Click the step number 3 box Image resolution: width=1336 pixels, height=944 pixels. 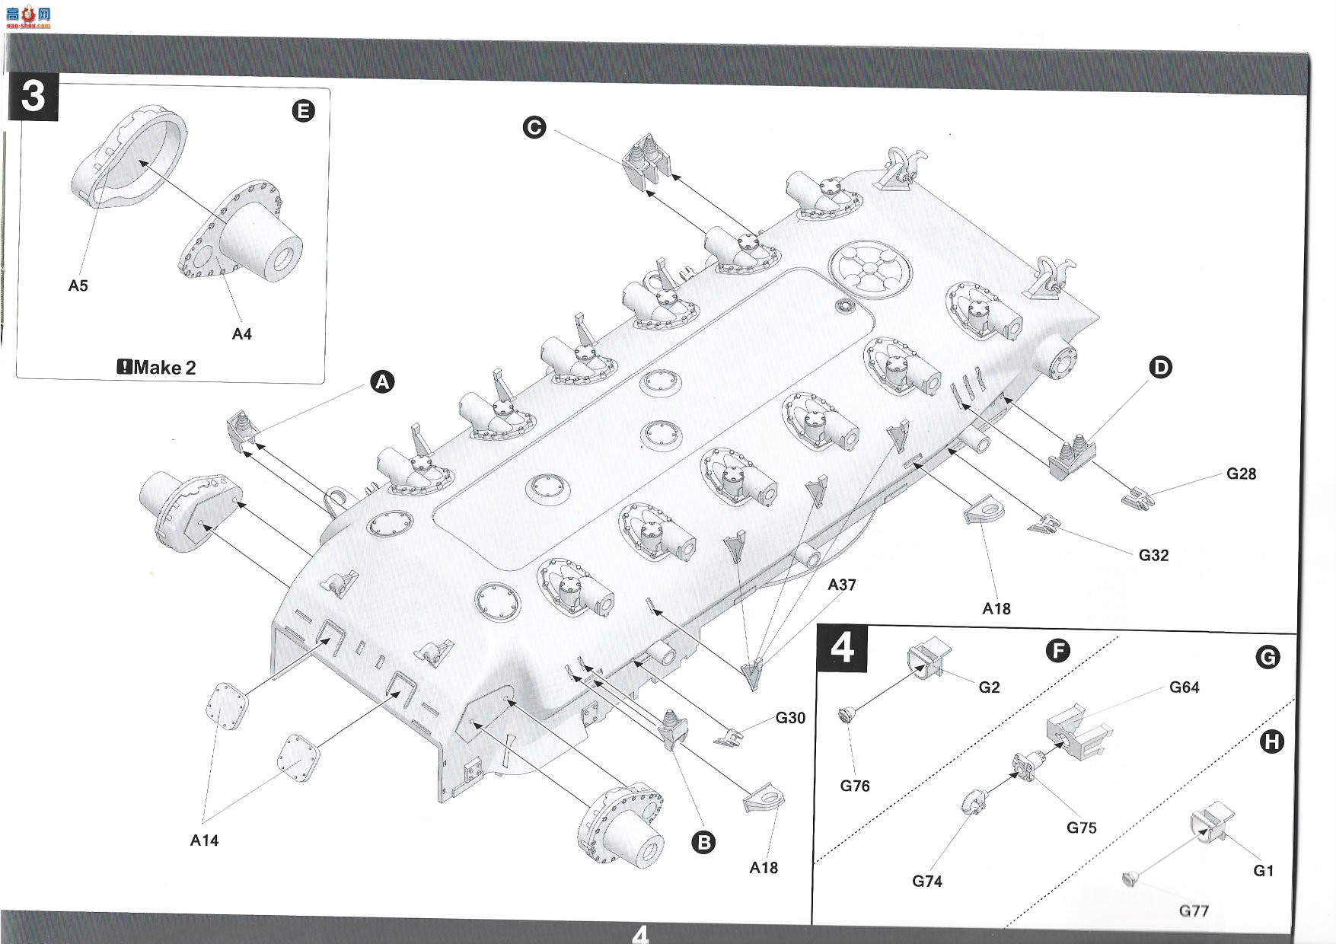(33, 97)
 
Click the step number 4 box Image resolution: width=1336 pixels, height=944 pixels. (841, 649)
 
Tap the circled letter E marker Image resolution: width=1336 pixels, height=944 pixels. (303, 111)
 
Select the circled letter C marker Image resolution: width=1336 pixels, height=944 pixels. (534, 127)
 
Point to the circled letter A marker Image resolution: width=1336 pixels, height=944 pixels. (382, 381)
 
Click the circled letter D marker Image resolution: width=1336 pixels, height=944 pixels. (1160, 368)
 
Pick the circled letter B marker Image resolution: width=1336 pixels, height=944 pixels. (704, 842)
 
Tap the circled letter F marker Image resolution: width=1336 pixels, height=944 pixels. (1057, 651)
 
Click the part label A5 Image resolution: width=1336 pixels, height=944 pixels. (78, 285)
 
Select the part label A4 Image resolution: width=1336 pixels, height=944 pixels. (241, 333)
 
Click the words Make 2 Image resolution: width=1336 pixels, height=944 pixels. (164, 368)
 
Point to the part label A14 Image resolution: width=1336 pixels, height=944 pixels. (204, 840)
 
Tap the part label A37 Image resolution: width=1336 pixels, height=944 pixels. (842, 585)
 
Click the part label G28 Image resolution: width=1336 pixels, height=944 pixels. (1241, 474)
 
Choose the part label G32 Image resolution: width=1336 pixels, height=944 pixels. (1153, 555)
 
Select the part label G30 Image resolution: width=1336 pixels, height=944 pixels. (790, 717)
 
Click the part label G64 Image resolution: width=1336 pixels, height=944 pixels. (1184, 687)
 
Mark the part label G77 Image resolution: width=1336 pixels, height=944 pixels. (1194, 911)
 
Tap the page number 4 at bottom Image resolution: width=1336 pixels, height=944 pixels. (640, 933)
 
